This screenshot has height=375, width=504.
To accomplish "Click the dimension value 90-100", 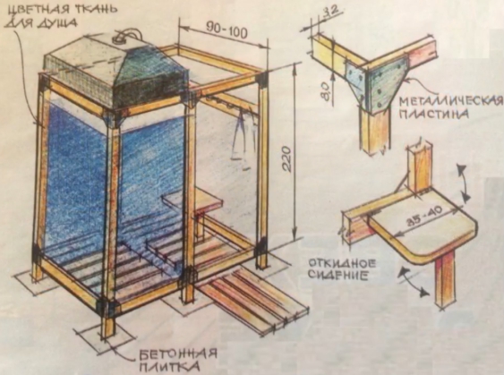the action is (226, 31).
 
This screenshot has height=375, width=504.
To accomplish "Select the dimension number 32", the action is (329, 12).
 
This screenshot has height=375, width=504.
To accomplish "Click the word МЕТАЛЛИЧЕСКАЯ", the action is (451, 101).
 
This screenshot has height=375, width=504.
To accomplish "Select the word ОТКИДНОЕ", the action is (342, 264).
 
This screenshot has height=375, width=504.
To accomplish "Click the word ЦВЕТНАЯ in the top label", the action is (35, 9).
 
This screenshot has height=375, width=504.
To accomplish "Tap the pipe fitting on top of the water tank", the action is (125, 37).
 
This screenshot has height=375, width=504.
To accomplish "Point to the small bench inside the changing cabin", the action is (192, 201).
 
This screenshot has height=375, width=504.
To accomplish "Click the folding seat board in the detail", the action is (425, 230).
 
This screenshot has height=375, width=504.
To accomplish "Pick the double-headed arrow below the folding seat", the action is (414, 283).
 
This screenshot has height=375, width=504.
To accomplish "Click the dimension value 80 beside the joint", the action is (324, 90).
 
